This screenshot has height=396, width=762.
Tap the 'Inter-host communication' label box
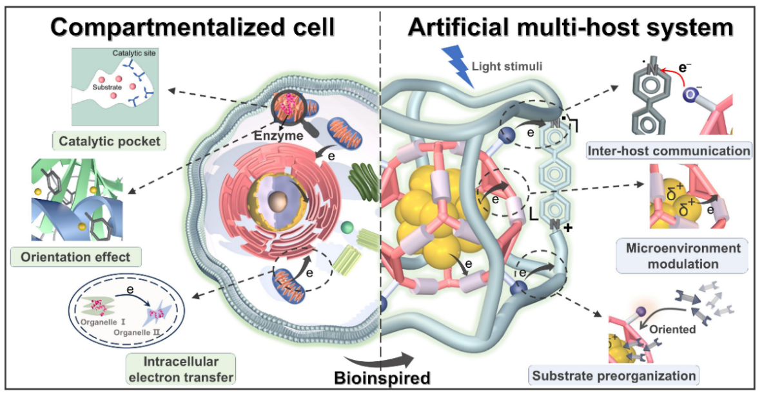tap(669, 151)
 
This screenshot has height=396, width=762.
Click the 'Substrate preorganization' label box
tap(613, 375)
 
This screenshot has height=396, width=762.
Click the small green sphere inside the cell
tap(347, 227)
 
